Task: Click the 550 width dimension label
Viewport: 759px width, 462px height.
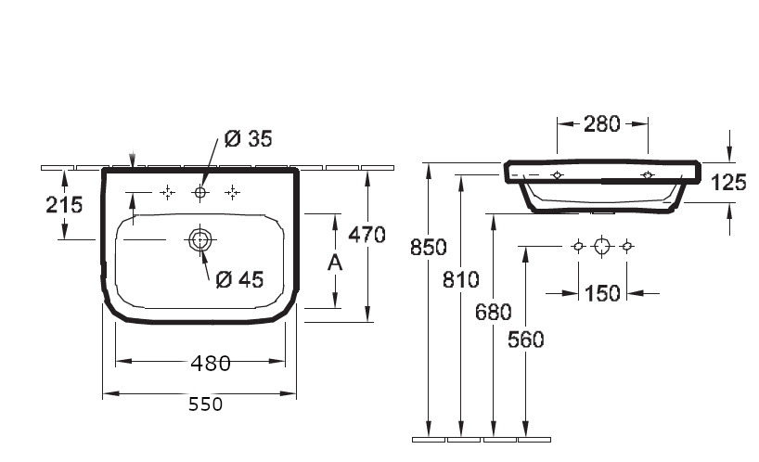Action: pyautogui.click(x=206, y=404)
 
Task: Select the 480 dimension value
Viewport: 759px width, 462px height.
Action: pyautogui.click(x=211, y=364)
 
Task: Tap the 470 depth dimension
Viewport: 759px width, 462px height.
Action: pyautogui.click(x=367, y=235)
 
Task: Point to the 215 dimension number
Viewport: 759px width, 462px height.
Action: pyautogui.click(x=64, y=205)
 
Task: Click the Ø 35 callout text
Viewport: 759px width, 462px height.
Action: pyautogui.click(x=249, y=138)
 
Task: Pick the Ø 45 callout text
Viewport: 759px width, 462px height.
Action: pyautogui.click(x=239, y=279)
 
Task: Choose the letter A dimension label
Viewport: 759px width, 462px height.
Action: pyautogui.click(x=335, y=263)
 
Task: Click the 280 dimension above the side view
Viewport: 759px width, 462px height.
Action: pyautogui.click(x=601, y=123)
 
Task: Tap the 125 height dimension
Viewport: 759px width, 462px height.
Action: pyautogui.click(x=728, y=183)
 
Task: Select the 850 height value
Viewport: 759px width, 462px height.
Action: pyautogui.click(x=429, y=247)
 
